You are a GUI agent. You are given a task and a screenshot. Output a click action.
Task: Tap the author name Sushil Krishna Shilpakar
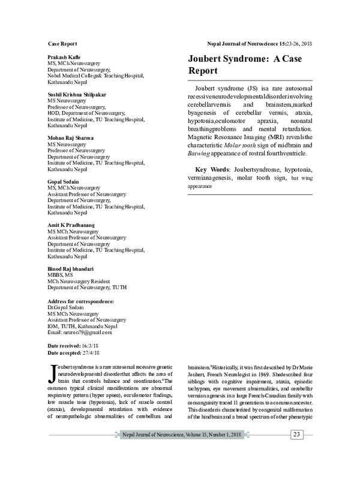click(x=76, y=95)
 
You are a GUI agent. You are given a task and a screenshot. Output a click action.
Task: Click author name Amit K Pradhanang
click(x=73, y=224)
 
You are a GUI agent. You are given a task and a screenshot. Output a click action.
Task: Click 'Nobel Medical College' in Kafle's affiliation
click(x=75, y=76)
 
